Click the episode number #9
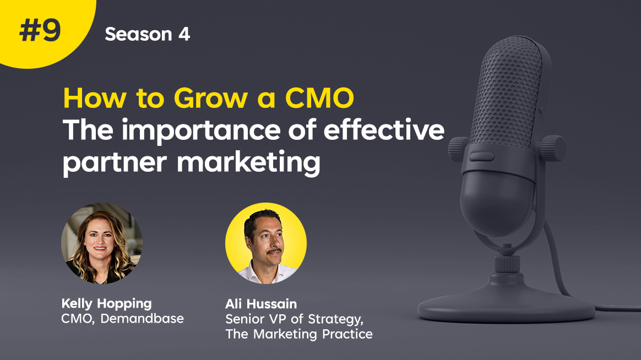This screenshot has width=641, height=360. pos(40,31)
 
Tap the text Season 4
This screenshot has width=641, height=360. pos(147,34)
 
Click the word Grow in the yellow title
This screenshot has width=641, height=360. pos(210,99)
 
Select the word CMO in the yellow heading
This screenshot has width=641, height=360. pos(319,98)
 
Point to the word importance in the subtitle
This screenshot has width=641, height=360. pos(200,132)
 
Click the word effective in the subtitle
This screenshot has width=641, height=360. pos(384,129)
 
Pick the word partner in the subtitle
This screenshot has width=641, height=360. pos(115,163)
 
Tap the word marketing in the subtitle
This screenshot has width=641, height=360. pos(248,163)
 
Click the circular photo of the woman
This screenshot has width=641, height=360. pos(102,243)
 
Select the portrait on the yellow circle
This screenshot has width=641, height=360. pos(266,243)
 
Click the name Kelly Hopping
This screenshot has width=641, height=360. pos(106,304)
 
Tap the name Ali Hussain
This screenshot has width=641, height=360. pos(261,304)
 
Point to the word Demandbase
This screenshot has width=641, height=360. pos(142,318)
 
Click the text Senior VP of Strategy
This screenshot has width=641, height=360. pos(294,319)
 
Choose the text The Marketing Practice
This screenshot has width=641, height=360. pos(299,334)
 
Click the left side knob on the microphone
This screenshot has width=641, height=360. pos(458,149)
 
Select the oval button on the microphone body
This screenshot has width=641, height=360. pos(481,156)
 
